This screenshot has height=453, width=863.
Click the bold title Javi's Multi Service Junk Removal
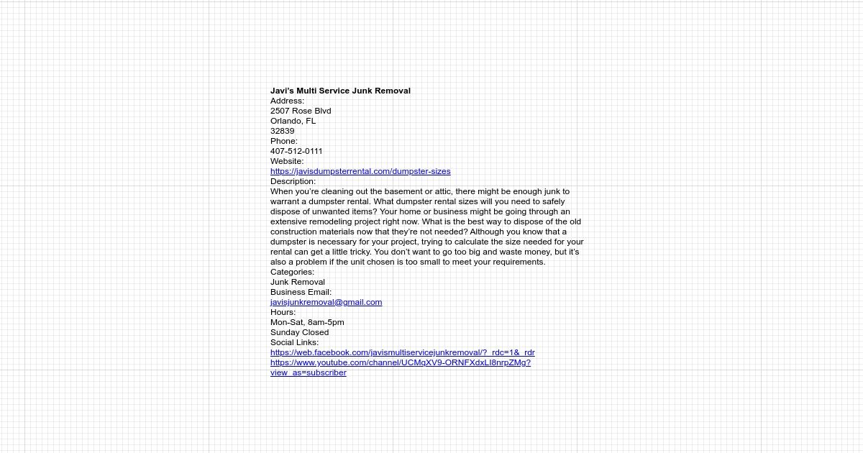pos(340,91)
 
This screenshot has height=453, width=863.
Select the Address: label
pos(287,101)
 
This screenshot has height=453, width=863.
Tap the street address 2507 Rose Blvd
pos(301,111)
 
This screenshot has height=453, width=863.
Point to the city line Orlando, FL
pos(293,121)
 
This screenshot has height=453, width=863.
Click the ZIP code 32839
pos(282,131)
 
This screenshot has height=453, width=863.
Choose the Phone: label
pos(283,141)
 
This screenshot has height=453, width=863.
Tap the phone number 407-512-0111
pos(296,151)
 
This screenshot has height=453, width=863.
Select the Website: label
pos(287,161)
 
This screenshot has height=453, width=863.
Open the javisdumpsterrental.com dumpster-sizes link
pos(360,171)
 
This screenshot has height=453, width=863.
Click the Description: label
pos(293,181)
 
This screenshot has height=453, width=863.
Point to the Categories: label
pos(292,272)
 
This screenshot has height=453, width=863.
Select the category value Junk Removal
pos(297,282)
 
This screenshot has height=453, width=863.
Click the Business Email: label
pos(301,292)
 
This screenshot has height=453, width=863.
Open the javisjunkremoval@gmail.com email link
pos(326,302)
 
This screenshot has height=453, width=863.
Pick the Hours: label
pos(283,312)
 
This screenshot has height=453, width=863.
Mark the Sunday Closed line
pos(299,332)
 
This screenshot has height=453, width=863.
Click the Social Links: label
pos(294,342)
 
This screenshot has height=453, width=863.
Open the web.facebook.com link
pos(402,352)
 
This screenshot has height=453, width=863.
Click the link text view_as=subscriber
pos(308,372)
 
